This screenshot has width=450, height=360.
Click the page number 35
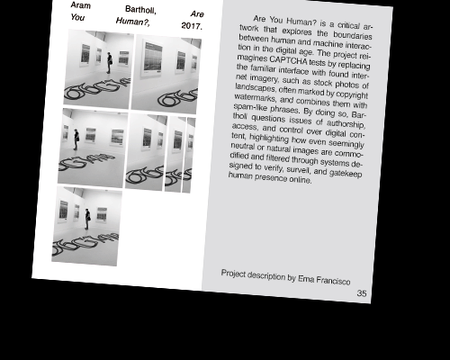tap(362, 293)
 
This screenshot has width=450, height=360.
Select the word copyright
tap(352, 94)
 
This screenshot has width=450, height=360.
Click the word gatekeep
tap(346, 173)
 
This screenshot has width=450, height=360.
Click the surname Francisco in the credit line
tap(333, 281)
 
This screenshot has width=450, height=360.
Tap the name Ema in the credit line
tap(306, 279)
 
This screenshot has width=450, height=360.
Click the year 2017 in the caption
tap(192, 26)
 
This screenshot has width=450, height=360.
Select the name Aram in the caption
tap(81, 5)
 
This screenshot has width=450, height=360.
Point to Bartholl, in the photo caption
tap(140, 10)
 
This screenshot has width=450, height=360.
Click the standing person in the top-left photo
tap(110, 63)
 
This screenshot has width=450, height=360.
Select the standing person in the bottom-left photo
tap(87, 219)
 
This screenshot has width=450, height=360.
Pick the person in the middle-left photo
tap(76, 139)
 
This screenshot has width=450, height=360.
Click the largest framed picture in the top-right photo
tap(153, 58)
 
